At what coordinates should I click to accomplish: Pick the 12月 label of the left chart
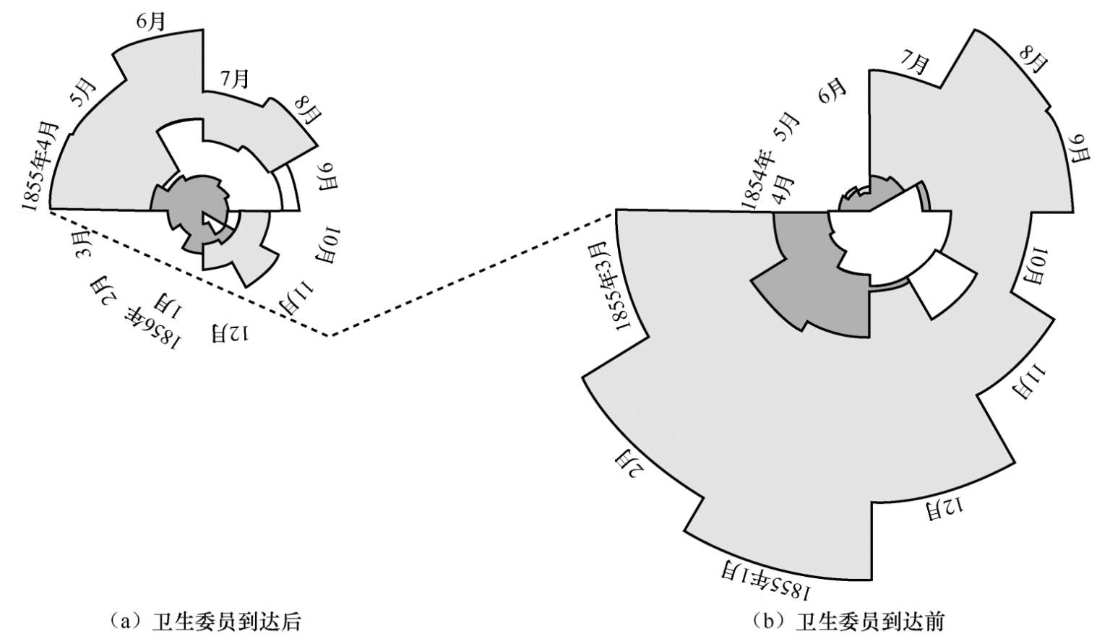point(231,333)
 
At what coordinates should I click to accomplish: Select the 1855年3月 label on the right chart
point(613,288)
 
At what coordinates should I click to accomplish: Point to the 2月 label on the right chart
point(627,462)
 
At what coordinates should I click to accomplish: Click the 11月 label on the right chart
point(1029,381)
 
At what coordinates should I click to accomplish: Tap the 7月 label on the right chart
point(914,64)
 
